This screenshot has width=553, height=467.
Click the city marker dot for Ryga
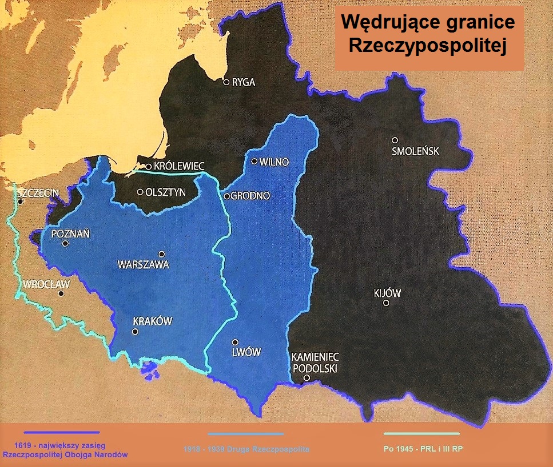click(226, 82)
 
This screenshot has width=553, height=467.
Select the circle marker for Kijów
click(387, 303)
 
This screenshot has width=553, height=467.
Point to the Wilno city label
click(274, 162)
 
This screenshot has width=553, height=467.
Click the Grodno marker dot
click(226, 196)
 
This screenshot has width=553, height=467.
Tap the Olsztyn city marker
click(140, 192)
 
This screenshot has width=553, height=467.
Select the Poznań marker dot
click(65, 243)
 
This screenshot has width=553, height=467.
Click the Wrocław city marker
click(61, 293)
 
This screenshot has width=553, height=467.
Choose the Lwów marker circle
click(234, 342)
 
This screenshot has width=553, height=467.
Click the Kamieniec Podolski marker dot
click(307, 378)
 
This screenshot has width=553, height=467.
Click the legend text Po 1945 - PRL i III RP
click(423, 449)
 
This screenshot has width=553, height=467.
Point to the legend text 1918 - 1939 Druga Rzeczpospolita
click(246, 449)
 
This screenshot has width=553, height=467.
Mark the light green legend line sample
click(422, 434)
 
